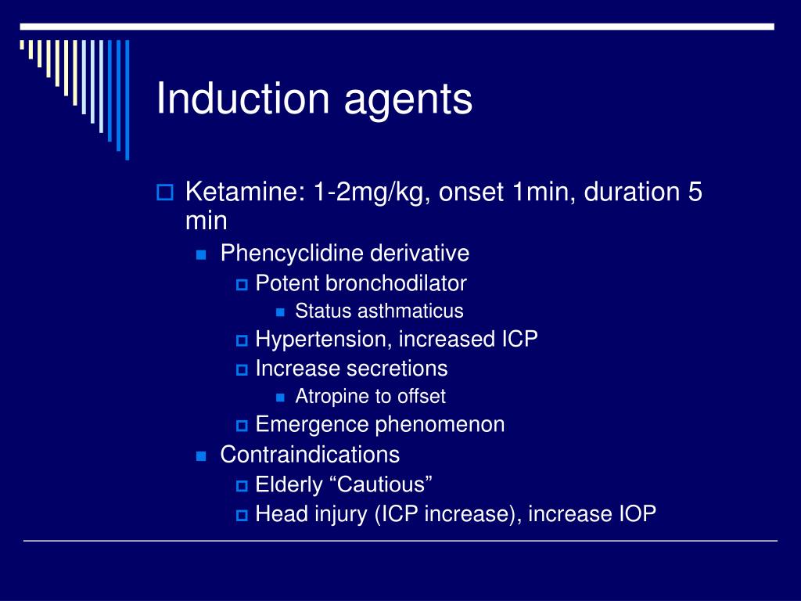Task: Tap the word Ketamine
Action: click(242, 192)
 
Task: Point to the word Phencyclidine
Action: click(293, 254)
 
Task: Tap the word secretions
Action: click(398, 369)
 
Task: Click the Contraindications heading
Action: click(310, 455)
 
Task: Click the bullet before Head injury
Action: click(241, 515)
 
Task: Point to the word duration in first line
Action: click(630, 192)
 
